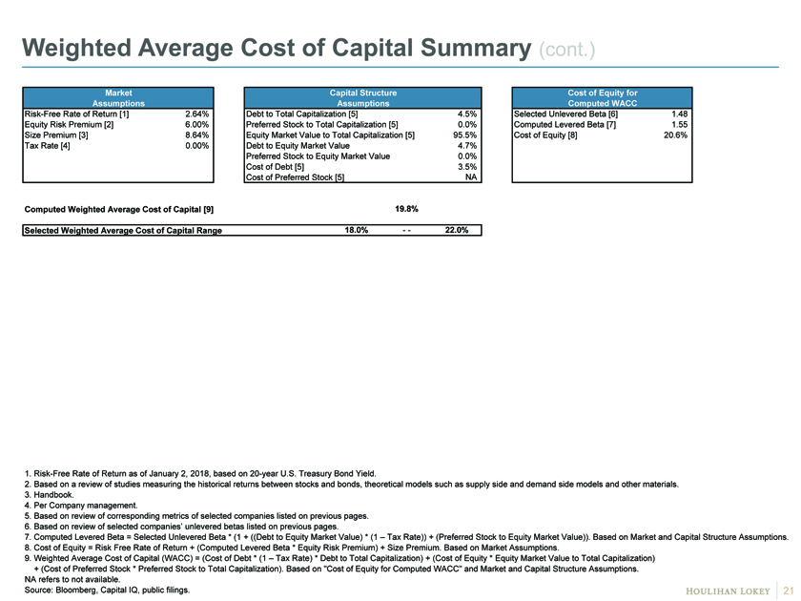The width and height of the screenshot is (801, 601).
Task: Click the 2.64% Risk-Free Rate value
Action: (x=196, y=114)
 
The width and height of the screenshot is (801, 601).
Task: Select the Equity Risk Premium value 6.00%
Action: (x=196, y=125)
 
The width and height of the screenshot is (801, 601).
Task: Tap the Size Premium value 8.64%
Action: (x=196, y=135)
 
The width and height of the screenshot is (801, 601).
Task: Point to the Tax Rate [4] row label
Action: (x=47, y=146)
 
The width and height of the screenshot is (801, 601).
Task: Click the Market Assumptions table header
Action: (x=118, y=97)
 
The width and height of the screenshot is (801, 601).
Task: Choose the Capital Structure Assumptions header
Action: (x=362, y=97)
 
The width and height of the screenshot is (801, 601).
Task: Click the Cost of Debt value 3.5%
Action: (x=467, y=167)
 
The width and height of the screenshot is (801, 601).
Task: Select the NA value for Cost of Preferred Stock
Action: (x=471, y=177)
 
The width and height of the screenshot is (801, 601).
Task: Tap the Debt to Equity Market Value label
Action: (x=298, y=146)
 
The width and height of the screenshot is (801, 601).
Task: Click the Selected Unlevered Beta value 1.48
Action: (x=679, y=114)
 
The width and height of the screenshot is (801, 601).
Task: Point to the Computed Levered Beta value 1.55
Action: (x=679, y=125)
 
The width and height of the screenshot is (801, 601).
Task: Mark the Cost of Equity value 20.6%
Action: (x=675, y=135)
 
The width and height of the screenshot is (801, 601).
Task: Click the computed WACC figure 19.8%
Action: (x=406, y=209)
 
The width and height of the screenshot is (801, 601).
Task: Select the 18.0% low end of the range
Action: (x=356, y=230)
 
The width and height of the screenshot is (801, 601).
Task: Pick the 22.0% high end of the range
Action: (x=456, y=230)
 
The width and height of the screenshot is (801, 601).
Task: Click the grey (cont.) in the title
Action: (x=567, y=50)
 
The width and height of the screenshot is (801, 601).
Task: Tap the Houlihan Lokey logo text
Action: (x=728, y=591)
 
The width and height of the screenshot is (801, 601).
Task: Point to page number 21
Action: (x=789, y=591)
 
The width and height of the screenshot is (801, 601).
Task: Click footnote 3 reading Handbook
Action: (x=49, y=495)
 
